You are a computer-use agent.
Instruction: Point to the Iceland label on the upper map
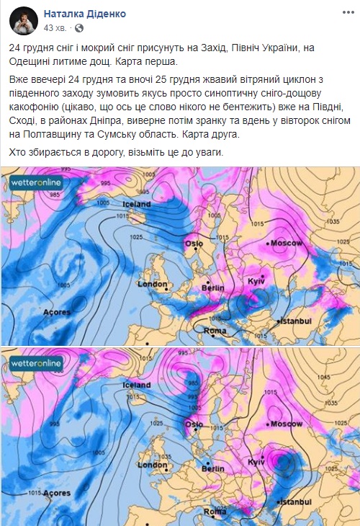pos(135,204)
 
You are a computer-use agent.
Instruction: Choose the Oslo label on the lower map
pos(194,425)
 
